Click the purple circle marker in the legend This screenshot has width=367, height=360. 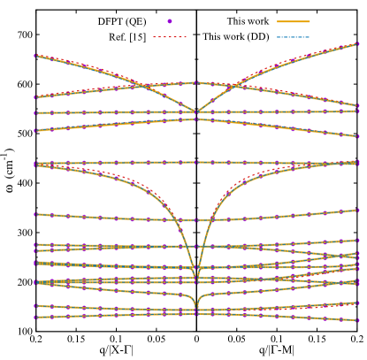170,21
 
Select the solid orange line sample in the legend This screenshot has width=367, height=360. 293,21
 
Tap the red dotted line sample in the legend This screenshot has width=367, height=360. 170,37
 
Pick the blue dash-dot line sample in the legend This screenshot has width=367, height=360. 293,37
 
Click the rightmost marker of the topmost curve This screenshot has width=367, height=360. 358,43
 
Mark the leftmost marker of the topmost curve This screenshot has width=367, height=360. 34,56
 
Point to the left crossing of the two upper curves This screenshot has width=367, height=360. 143,86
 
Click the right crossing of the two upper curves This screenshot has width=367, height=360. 233,86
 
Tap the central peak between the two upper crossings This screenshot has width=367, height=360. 195,82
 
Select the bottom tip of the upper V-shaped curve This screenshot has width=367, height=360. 196,112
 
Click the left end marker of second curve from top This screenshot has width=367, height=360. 34,97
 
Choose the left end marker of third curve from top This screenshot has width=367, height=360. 34,113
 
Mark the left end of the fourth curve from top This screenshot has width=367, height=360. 34,131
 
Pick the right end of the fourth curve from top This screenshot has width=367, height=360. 358,136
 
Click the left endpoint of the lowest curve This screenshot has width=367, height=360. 34,317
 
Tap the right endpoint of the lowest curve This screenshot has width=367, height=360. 358,320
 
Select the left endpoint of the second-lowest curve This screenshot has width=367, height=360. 34,306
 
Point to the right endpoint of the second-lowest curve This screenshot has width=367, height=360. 358,303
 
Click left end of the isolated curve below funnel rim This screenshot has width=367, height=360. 34,214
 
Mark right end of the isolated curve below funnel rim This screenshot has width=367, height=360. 358,210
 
